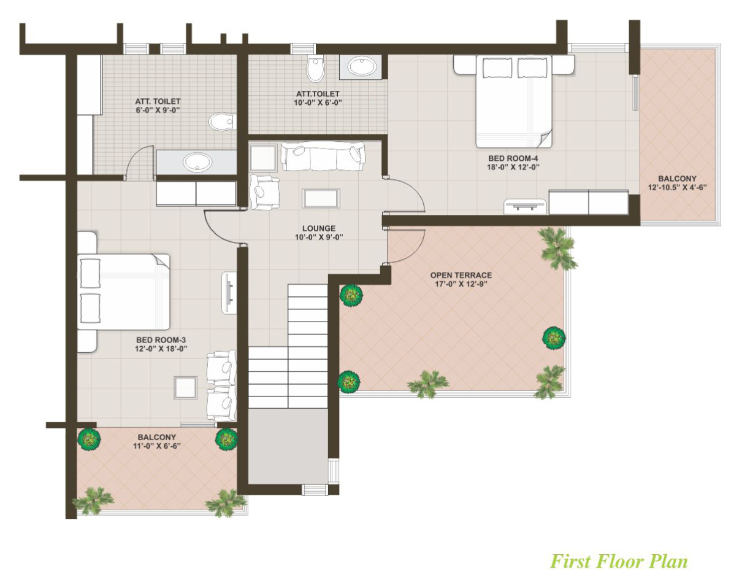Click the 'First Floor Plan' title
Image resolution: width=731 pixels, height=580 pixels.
coord(619,561)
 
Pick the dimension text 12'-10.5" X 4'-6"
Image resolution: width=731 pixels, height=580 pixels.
coord(678,188)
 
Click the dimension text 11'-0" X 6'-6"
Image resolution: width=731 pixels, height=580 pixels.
coord(156,446)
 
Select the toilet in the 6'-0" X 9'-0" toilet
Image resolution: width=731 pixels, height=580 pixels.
coord(221,122)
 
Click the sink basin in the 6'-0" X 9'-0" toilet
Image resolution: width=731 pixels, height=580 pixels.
coord(197,162)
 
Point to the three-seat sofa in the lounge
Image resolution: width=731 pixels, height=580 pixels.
coord(323,157)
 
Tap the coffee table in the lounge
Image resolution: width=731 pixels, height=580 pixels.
coord(321,198)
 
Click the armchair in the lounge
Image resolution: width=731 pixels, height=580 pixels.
coord(264,191)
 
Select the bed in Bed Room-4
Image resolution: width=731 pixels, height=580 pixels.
coord(513,101)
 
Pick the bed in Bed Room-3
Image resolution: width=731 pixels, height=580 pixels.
coord(123,291)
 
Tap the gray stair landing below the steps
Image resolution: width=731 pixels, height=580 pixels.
coord(289,447)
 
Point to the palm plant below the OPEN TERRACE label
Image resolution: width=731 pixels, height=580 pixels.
coord(428,384)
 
